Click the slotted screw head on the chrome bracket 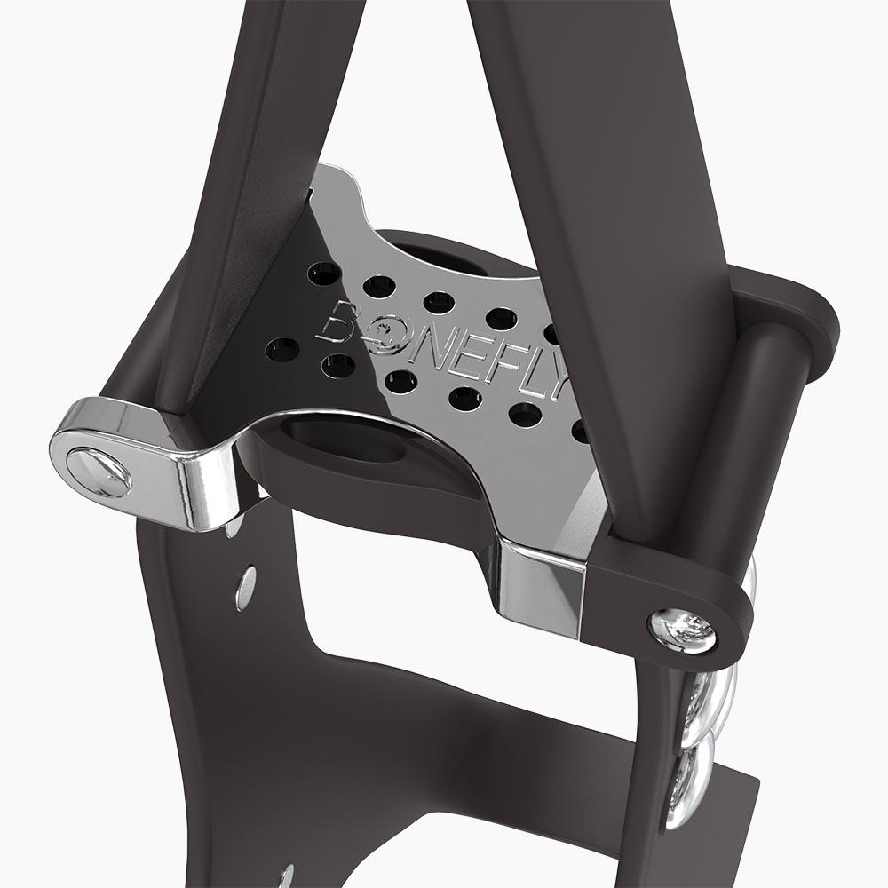(99, 471)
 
